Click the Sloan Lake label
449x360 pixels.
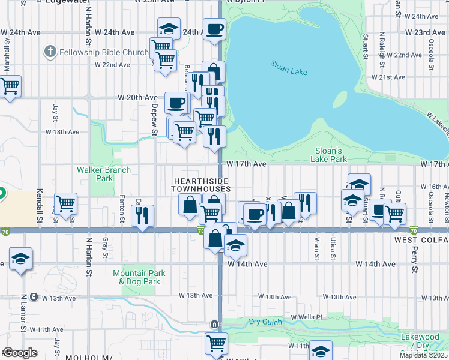coord(288,67)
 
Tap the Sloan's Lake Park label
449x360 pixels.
coord(328,155)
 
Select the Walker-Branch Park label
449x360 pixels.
coord(95,174)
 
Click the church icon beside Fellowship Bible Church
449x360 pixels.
coord(51,52)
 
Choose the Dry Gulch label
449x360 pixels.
coord(265,322)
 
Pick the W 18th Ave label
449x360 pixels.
coord(62,131)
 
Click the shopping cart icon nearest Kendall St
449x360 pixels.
coord(65,203)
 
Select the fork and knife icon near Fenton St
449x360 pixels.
coord(142,215)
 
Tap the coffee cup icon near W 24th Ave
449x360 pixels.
coord(214,28)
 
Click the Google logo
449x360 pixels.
coord(19,353)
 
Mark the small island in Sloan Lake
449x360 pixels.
coord(340,100)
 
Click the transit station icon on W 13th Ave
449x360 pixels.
coord(34,296)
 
